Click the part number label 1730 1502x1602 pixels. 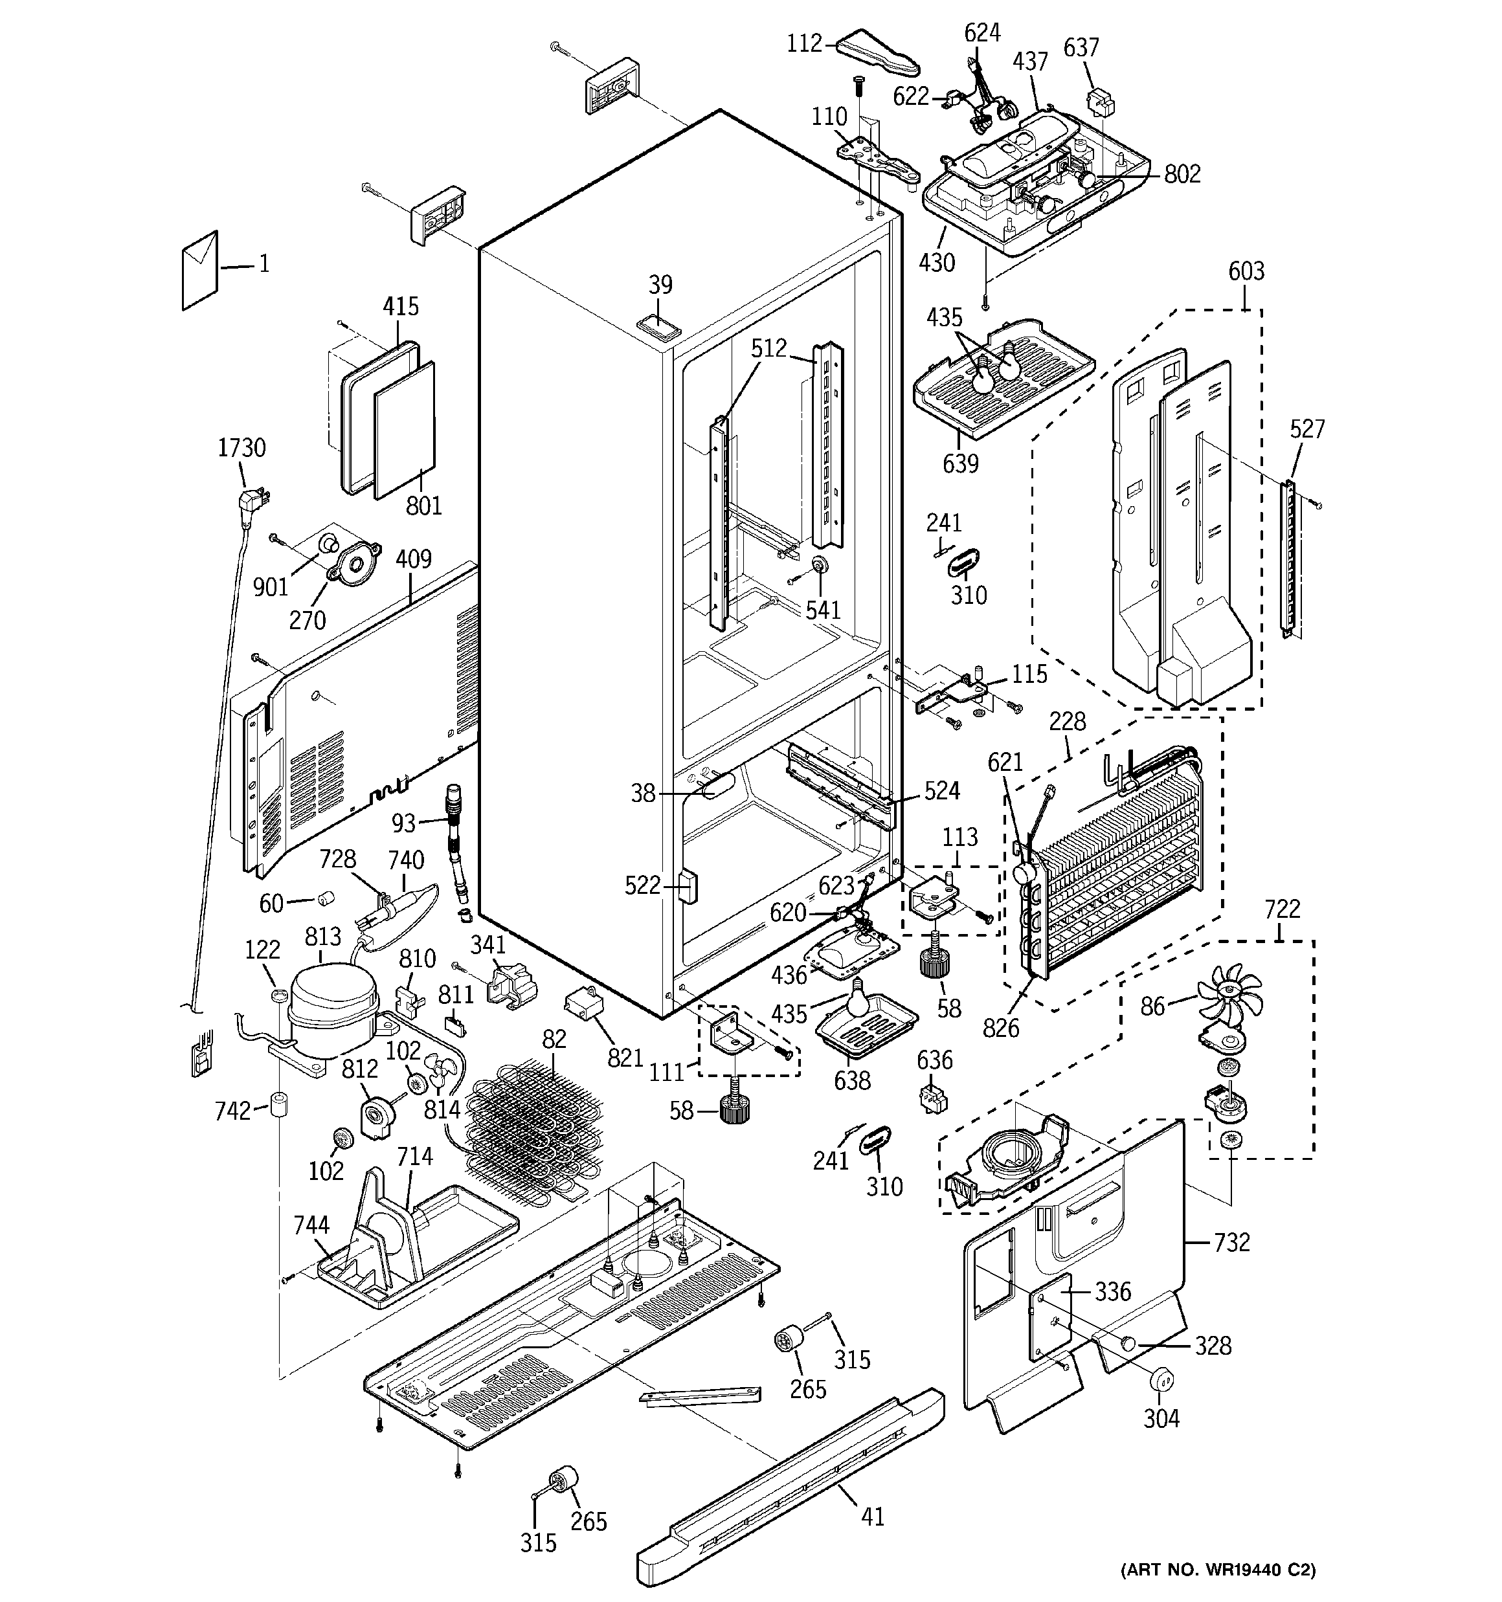[241, 448]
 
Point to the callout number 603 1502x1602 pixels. [1246, 272]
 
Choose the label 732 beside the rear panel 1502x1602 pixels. [1231, 1243]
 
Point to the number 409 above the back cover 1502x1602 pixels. [414, 559]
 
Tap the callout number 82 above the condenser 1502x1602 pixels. [554, 1040]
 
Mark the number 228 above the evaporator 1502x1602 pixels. [1068, 721]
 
